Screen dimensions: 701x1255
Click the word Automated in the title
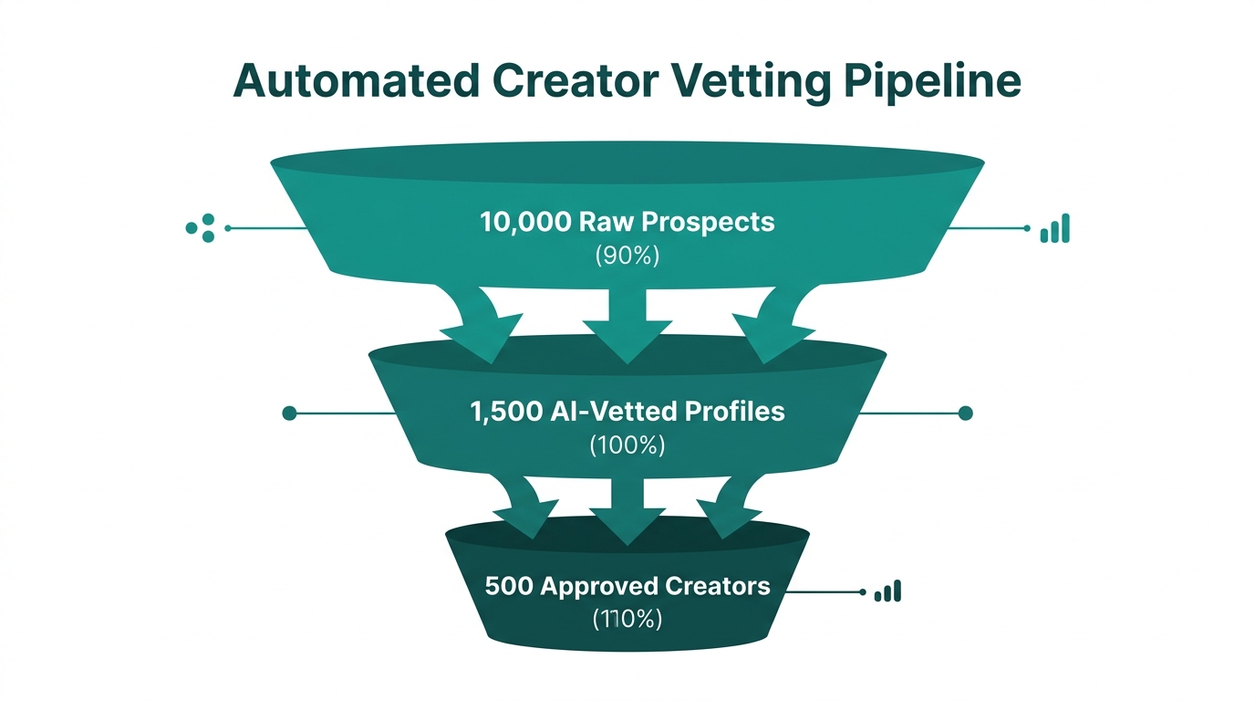356,80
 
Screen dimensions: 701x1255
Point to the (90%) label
627,256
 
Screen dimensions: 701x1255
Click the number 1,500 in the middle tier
506,412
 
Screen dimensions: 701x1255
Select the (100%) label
627,445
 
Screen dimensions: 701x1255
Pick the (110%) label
627,618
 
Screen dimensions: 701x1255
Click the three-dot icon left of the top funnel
201,227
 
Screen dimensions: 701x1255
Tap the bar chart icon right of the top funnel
1054,229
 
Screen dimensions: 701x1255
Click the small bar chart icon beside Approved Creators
887,591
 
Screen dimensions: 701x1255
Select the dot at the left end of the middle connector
290,413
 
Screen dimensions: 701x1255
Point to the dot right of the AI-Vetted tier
966,413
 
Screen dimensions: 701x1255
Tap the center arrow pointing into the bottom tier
627,511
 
